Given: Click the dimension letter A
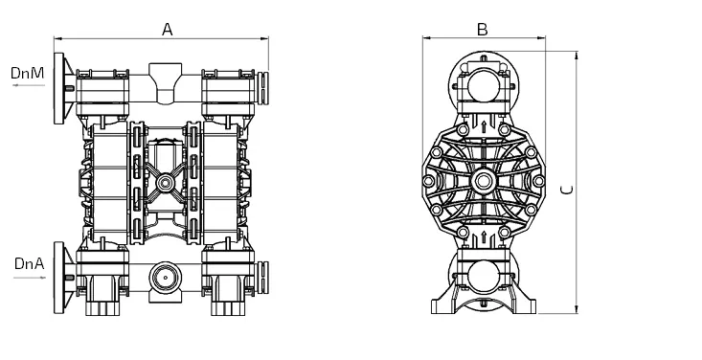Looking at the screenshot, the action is [x=167, y=30].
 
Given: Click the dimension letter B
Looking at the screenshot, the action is [x=482, y=30].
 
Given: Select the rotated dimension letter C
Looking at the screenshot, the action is [x=567, y=190].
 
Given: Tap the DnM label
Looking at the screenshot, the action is [x=28, y=73].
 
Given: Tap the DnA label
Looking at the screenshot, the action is [x=30, y=263].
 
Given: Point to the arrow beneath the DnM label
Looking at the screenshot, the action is [x=29, y=85].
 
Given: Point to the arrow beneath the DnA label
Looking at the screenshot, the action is [x=30, y=278].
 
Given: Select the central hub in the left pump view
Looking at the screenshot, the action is [x=165, y=182].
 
